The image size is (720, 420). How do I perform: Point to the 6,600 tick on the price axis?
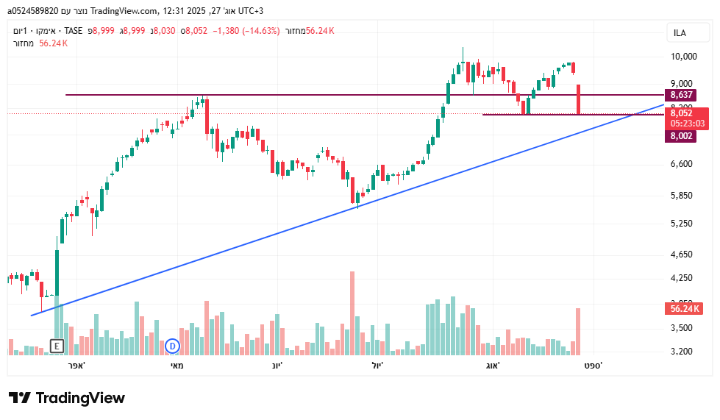[682, 164]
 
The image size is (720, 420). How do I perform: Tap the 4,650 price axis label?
[682, 255]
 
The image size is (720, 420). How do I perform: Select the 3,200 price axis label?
[682, 352]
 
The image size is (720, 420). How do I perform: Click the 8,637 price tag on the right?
[682, 96]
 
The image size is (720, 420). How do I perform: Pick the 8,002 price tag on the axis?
[682, 136]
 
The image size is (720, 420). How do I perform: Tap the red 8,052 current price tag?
[682, 113]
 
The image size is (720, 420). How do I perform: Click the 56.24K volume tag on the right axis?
[684, 308]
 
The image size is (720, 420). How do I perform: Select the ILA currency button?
[680, 33]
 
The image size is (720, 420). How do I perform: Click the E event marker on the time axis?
[57, 345]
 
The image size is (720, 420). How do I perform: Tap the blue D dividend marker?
[172, 345]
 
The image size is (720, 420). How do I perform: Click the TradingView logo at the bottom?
[66, 398]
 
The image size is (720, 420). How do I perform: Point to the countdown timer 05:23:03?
[688, 124]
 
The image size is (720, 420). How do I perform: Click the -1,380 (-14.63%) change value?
[245, 30]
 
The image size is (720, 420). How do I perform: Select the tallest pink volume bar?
[352, 313]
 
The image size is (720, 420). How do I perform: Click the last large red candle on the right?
[579, 99]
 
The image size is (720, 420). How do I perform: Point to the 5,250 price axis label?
[682, 224]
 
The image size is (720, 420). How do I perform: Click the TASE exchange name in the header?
[74, 30]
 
